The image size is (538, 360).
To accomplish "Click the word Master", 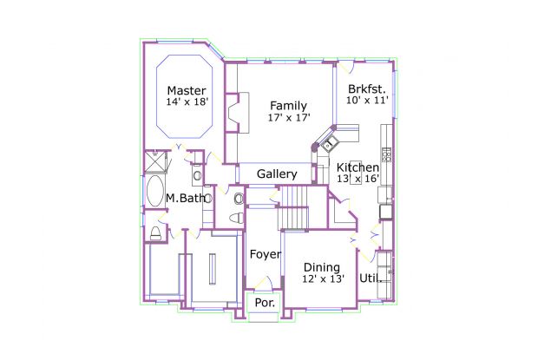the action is pos(187,91).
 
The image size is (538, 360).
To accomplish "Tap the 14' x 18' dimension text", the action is pos(187,101).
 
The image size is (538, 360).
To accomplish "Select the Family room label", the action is pos(289,106).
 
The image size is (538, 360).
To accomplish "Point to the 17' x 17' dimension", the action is pos(289,118).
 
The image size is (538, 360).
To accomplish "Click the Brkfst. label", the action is pos(367,89).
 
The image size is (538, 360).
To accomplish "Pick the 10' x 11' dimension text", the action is pos(367,100).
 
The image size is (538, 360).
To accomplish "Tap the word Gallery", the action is pos(277,174).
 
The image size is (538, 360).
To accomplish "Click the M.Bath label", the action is pos(186,198).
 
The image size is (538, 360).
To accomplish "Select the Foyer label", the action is pos(266,254).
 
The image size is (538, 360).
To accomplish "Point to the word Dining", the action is pos(322,267).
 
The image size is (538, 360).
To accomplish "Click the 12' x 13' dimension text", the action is pos(323,278).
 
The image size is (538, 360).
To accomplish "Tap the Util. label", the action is pos(371,278).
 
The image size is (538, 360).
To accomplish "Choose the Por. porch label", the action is pos(265,303).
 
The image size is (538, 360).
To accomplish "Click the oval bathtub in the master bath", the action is pos(155,191).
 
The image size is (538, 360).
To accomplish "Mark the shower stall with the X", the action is pos(155,162).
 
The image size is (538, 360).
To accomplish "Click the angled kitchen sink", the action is pos(331,143).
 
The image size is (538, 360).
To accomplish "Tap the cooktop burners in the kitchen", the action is pos(387,154).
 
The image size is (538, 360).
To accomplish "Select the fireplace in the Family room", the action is pos(238,112).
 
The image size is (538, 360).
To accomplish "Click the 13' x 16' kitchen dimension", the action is pos(358,179).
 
